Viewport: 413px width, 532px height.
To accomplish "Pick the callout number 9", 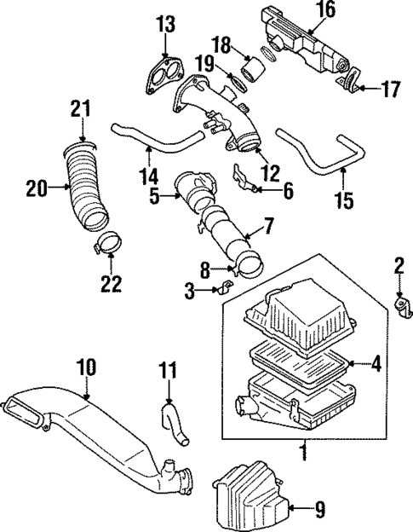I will (x=319, y=511).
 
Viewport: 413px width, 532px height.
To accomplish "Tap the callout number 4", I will (x=376, y=365).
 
